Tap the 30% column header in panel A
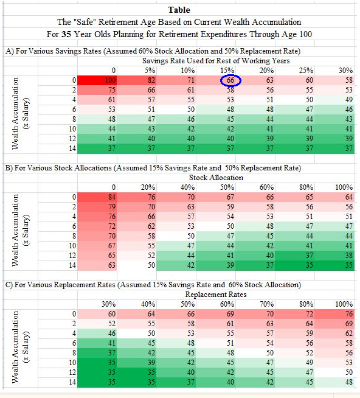(x=345, y=71)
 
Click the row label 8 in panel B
(x=74, y=236)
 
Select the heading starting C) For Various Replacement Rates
(x=152, y=285)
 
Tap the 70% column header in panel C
(x=266, y=304)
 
